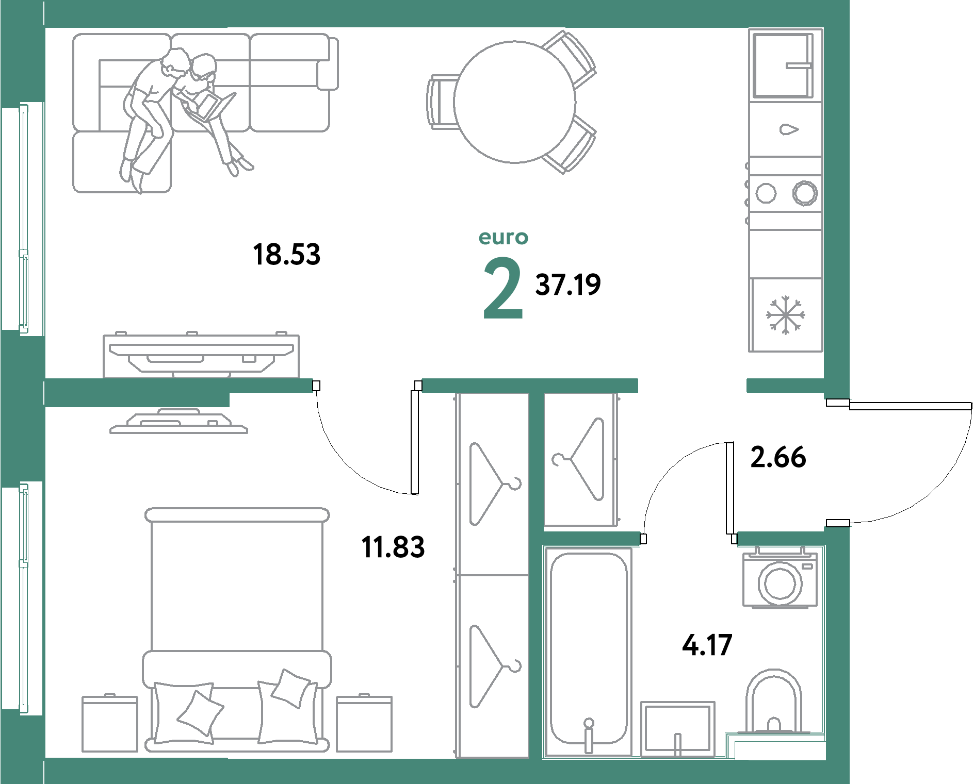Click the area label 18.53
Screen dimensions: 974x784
tap(287, 255)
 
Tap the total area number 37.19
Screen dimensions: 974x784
tap(568, 285)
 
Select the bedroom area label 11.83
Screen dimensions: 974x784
tap(393, 547)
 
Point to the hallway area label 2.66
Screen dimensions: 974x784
tap(778, 457)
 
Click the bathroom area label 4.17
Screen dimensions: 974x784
tap(707, 645)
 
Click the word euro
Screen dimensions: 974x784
tap(504, 238)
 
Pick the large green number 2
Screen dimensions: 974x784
tap(503, 288)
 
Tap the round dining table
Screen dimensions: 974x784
tap(514, 102)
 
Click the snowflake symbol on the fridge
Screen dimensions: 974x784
tap(785, 314)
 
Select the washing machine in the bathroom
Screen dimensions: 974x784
tap(780, 578)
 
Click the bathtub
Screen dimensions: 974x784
tap(588, 651)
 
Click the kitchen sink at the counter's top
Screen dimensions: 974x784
tap(783, 65)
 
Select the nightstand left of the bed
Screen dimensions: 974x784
tap(110, 723)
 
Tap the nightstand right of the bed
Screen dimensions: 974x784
tap(364, 723)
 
